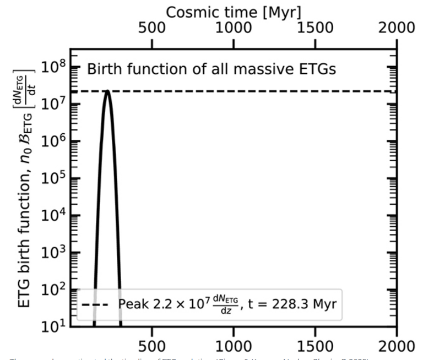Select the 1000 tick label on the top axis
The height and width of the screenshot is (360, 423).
[x=234, y=28]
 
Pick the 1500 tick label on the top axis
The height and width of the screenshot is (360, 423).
[x=315, y=28]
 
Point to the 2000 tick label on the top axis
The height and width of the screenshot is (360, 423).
[x=396, y=28]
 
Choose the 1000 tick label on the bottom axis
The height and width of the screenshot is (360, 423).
[x=234, y=347]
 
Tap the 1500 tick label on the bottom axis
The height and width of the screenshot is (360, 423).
[x=315, y=347]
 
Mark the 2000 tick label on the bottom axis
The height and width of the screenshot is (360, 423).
[x=396, y=347]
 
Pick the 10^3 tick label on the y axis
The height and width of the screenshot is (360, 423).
[x=53, y=252]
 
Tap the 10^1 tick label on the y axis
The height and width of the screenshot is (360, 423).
[x=53, y=326]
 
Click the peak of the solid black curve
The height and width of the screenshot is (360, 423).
[x=107, y=91]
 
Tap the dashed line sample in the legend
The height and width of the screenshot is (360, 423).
[x=97, y=304]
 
